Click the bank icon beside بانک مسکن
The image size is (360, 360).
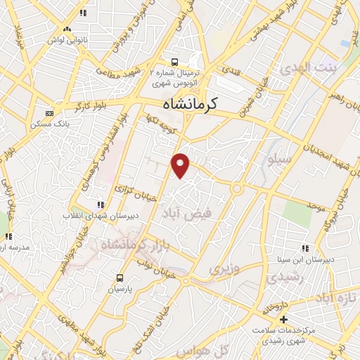(49, 113)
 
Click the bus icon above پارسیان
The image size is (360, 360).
(119, 277)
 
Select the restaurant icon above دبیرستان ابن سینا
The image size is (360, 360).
(305, 248)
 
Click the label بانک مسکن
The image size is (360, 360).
(25, 124)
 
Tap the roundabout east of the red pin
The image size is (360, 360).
(237, 188)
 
